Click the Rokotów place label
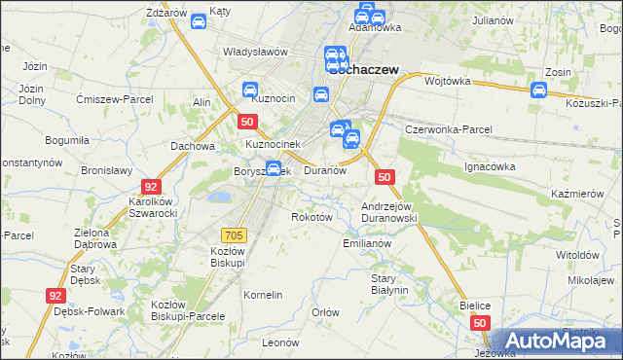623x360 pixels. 312,217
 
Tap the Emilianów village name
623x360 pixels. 367,243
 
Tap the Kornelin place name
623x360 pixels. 263,295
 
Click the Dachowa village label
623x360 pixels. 192,147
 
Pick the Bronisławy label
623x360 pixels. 106,169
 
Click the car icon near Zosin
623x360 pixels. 539,90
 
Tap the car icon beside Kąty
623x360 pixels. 198,21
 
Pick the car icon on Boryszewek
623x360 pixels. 275,169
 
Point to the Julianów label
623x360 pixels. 493,19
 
